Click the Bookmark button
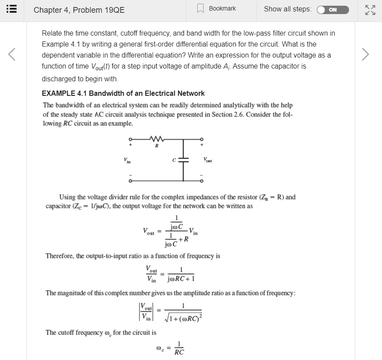click(x=217, y=9)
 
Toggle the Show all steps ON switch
click(x=332, y=10)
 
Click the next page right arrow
click(x=364, y=55)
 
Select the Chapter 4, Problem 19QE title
click(x=79, y=10)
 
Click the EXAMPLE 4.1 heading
click(x=123, y=93)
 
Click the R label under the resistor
click(x=157, y=146)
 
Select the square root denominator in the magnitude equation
click(x=184, y=317)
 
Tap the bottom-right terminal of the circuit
click(x=202, y=180)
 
